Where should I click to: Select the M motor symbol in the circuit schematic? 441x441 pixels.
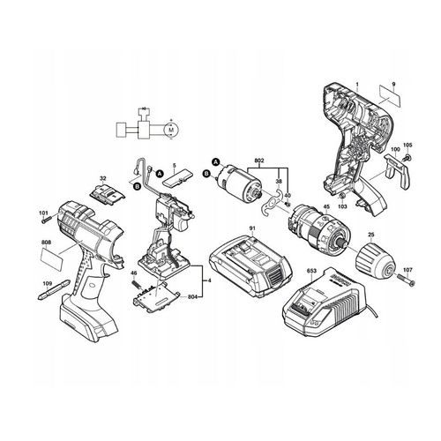click(170, 131)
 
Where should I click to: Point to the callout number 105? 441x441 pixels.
click(407, 146)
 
